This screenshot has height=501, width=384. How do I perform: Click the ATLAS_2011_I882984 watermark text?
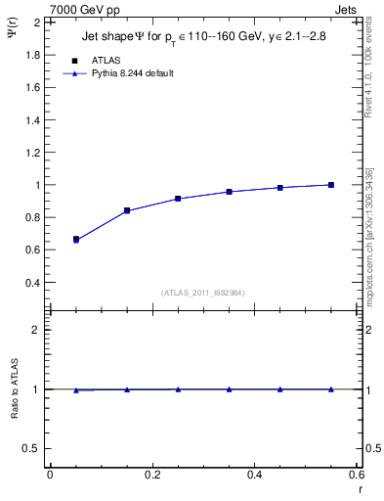tap(203, 293)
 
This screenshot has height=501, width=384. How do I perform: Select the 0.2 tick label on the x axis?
tap(151, 475)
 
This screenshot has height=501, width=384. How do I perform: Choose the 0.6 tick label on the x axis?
tap(357, 475)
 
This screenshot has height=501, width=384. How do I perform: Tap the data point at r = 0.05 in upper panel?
tap(75, 239)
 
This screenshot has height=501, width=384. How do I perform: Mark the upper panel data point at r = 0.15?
tap(127, 210)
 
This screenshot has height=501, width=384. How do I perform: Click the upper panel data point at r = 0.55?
tap(331, 185)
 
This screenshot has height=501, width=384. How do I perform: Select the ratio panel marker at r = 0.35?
tap(229, 389)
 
